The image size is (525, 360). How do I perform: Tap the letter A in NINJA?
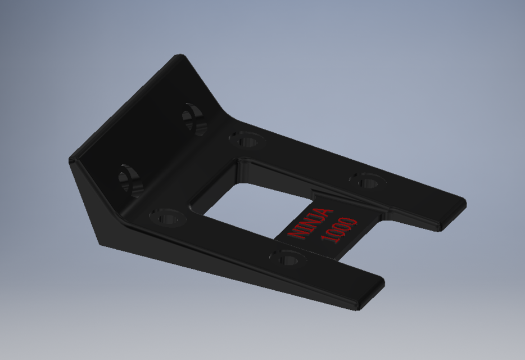tap(324, 213)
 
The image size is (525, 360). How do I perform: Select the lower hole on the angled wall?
tap(130, 180)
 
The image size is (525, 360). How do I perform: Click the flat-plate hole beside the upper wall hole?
tap(247, 138)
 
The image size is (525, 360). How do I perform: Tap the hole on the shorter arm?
tap(288, 258)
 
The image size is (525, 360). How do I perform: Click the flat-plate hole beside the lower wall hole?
tap(167, 217)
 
